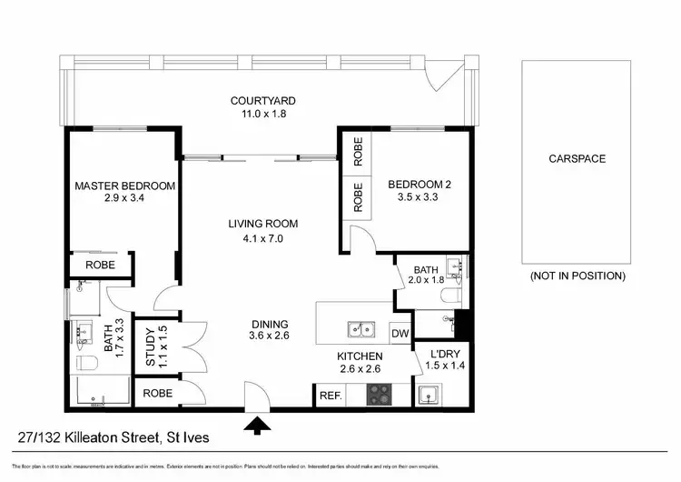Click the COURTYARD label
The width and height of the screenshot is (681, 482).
[262, 100]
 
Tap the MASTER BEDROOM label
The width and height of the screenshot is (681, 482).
[124, 186]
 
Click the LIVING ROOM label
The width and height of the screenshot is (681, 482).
[262, 224]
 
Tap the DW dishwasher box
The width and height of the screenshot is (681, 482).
[400, 334]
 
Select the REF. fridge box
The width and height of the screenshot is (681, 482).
[328, 396]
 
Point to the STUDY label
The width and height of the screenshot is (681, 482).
[152, 346]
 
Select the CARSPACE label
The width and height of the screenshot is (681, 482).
[577, 158]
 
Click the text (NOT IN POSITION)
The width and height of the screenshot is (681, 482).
[577, 276]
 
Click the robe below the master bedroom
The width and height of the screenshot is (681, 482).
[100, 266]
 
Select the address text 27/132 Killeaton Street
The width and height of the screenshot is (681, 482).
[88, 438]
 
